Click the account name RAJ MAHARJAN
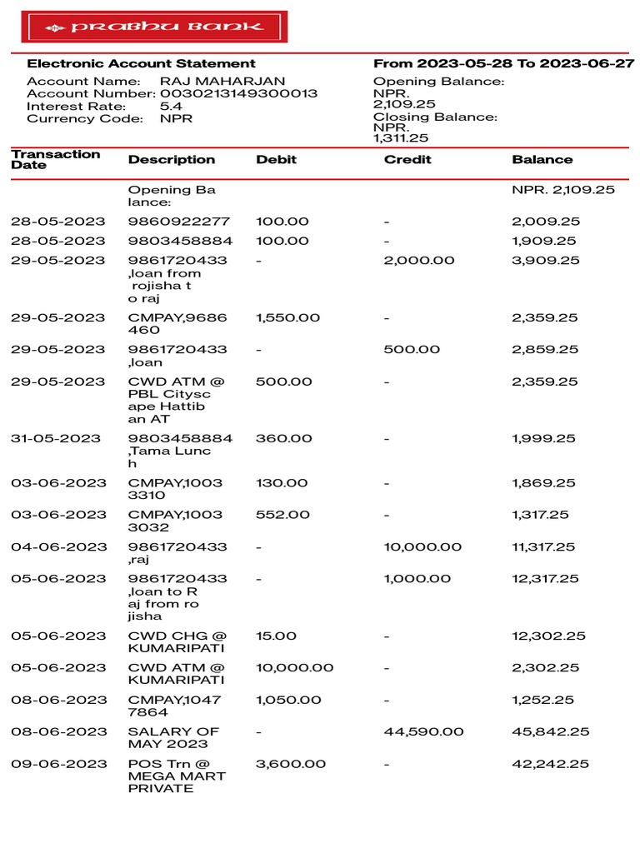(x=222, y=82)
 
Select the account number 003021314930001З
(x=239, y=94)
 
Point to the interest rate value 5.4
(x=170, y=107)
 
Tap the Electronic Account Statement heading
(x=142, y=63)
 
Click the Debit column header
(x=276, y=159)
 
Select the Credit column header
(x=407, y=159)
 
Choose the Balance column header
(x=542, y=159)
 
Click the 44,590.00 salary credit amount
(x=422, y=731)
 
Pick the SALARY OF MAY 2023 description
(x=173, y=737)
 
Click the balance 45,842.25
(x=551, y=731)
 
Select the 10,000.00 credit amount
(x=422, y=546)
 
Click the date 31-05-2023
(x=58, y=438)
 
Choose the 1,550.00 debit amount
(x=283, y=317)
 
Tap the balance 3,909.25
(x=546, y=260)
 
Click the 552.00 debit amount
(x=282, y=515)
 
